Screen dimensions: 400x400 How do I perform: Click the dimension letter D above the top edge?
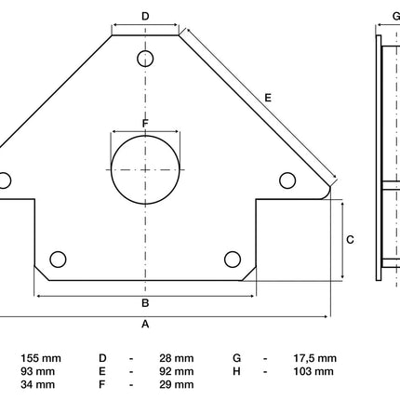coord(145,16)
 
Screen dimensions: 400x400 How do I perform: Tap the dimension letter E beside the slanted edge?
coord(268,98)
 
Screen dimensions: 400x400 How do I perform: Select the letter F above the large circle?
coord(145,124)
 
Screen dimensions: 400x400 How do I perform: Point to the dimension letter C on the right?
coord(350,240)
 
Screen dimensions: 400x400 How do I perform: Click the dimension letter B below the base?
coord(145,303)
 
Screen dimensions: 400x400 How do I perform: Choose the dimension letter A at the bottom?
coord(145,324)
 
